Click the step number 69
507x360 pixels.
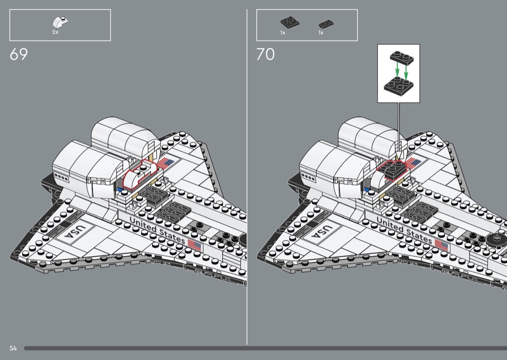click(x=19, y=55)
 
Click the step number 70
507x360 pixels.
click(x=266, y=55)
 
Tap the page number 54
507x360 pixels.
click(x=13, y=348)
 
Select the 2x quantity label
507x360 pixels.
click(x=56, y=32)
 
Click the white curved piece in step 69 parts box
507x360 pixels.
click(x=60, y=22)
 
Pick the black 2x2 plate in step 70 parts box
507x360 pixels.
click(x=290, y=22)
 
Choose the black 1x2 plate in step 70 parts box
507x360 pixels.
click(x=326, y=24)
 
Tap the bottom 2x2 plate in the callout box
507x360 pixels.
click(x=398, y=86)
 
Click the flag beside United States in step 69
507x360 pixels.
click(x=194, y=246)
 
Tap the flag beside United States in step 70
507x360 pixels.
click(x=441, y=245)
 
